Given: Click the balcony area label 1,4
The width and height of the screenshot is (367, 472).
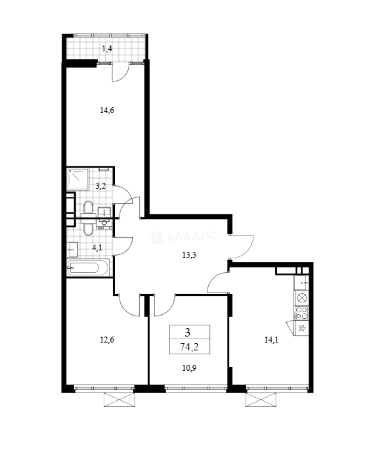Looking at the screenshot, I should (x=107, y=49).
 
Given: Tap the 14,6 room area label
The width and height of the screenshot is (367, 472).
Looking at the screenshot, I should (x=107, y=111).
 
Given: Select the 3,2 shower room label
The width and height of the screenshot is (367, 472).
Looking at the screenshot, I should (x=101, y=185).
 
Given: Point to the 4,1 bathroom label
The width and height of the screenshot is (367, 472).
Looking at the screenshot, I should (x=97, y=247).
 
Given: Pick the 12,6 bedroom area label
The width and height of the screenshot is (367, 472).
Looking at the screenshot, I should (x=107, y=339).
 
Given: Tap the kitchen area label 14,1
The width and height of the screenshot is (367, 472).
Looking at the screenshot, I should (x=271, y=339).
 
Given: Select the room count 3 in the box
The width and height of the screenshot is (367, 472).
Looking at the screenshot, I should (x=188, y=333).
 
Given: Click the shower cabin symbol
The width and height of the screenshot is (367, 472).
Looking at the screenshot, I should (x=79, y=178).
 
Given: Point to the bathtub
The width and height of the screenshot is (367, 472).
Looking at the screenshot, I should (x=88, y=267).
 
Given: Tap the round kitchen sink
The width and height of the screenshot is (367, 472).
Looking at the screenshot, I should (x=302, y=298).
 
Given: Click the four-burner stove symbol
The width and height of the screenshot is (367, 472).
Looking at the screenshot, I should (x=302, y=312).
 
